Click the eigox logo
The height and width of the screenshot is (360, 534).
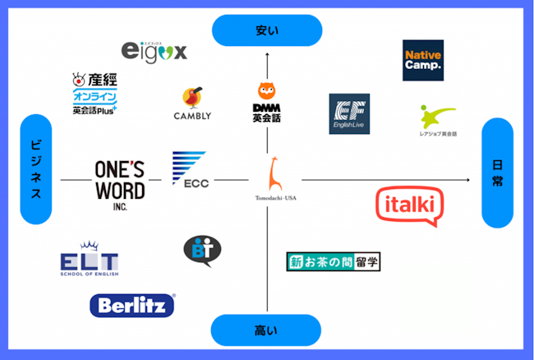pos(154,51)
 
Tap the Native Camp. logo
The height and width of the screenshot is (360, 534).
pos(423,60)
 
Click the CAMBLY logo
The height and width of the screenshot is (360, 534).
pos(193,104)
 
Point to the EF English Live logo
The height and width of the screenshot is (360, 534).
pos(349,113)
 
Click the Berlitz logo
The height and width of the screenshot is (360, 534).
pos(131,306)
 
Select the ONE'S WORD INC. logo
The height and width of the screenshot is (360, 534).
pos(120,182)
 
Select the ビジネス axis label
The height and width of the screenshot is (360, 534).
pos(36,171)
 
